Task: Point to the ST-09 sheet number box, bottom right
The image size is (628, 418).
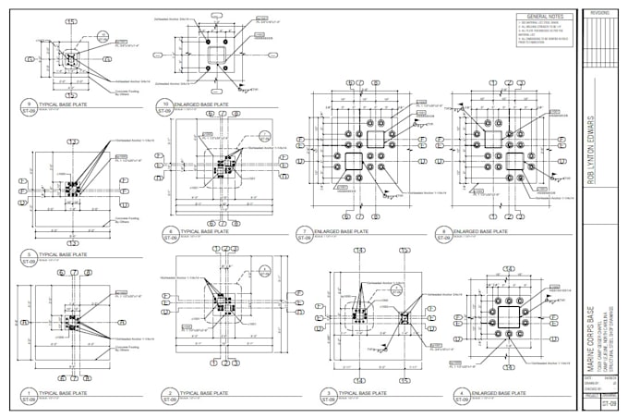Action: [x=609, y=405]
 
